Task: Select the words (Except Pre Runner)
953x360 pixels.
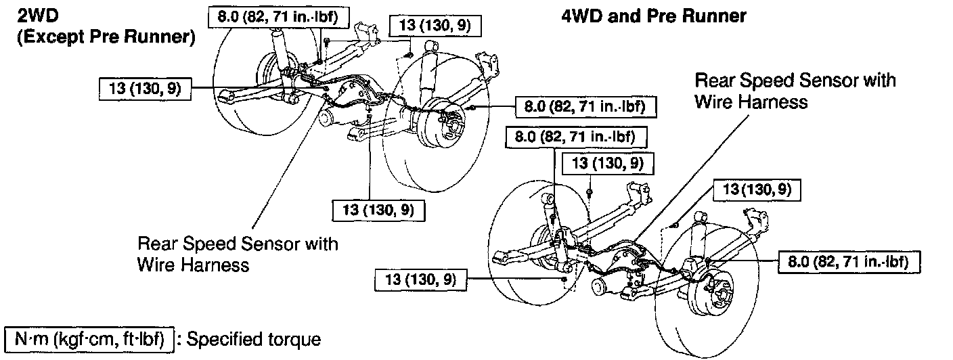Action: pyautogui.click(x=105, y=38)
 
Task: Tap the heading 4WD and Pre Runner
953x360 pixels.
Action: pyautogui.click(x=654, y=16)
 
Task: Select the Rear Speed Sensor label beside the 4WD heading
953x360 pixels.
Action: pyautogui.click(x=795, y=91)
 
